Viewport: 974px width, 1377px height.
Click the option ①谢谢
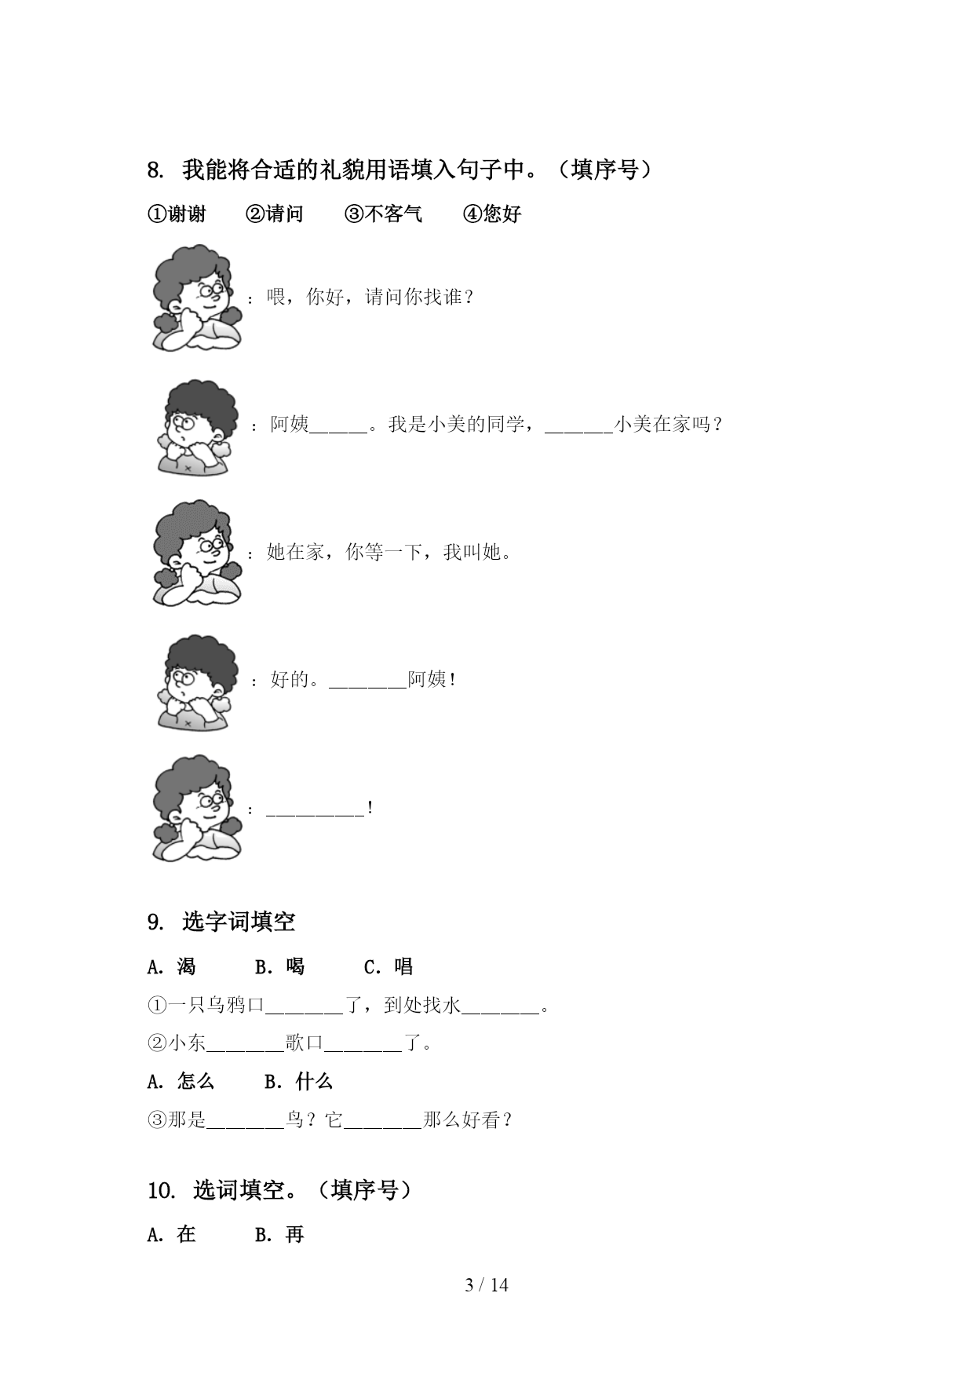(x=177, y=214)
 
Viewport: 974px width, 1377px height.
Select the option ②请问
(x=275, y=214)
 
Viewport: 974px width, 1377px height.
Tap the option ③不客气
(x=383, y=214)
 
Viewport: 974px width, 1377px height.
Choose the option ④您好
(x=492, y=214)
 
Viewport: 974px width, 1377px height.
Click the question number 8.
(x=155, y=170)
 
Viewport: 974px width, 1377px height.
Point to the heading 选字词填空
(x=239, y=921)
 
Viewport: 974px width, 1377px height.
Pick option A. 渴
(x=172, y=966)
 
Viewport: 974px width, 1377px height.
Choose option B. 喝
(x=279, y=966)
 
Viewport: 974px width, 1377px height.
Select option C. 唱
(x=389, y=966)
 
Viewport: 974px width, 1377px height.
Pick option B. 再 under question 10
(x=279, y=1234)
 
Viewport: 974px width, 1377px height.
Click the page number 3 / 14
(x=487, y=1285)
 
